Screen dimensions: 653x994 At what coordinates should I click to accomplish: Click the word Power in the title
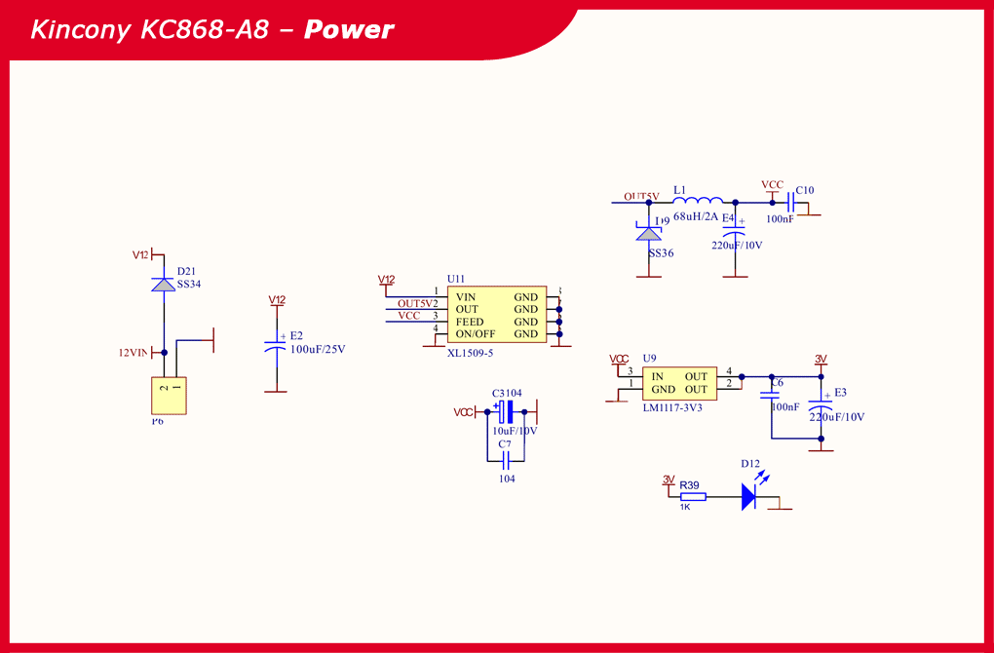point(349,30)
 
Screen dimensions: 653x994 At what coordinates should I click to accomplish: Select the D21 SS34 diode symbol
point(164,284)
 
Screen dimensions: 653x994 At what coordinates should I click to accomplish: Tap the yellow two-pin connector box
point(168,396)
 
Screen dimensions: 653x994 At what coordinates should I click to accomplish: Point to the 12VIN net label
point(133,353)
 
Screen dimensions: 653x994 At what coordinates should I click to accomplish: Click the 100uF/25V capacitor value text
point(318,349)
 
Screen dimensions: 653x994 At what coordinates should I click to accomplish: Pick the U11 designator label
point(456,279)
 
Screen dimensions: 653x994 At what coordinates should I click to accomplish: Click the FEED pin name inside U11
point(470,322)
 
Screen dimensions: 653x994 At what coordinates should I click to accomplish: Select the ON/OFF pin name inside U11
point(476,334)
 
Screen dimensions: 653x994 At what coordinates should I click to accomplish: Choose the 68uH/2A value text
point(696,216)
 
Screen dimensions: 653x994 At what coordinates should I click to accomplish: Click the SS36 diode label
point(661,253)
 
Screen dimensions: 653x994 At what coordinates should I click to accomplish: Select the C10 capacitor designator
point(805,190)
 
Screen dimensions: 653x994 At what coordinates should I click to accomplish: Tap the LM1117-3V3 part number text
point(672,407)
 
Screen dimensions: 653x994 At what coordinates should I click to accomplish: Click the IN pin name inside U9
point(658,376)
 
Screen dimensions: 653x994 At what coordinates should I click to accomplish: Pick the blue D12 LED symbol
point(748,497)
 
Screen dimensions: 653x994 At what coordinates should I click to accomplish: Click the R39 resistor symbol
point(692,496)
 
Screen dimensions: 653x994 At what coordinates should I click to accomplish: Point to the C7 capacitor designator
point(505,444)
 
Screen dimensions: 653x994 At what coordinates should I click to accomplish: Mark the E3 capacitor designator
point(840,393)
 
